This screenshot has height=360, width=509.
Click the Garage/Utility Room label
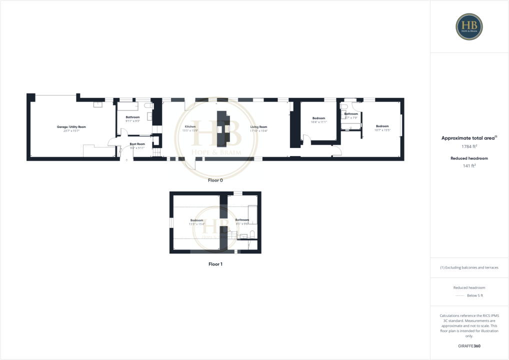[x=71, y=127]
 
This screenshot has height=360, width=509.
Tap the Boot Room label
[x=137, y=144]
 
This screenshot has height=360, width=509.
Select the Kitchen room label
[x=190, y=127]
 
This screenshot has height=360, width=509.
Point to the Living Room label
[x=258, y=127]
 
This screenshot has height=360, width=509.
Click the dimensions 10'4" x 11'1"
[x=318, y=122]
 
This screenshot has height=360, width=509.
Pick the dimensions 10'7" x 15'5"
[x=382, y=129]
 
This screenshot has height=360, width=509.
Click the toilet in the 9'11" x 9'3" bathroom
[x=148, y=106]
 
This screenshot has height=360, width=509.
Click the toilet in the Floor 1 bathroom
[x=252, y=234]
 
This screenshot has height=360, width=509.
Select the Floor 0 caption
[x=215, y=180]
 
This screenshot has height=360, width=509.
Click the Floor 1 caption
[x=215, y=263]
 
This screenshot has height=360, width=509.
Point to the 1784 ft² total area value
[x=469, y=146]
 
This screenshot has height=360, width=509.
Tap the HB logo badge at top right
[x=469, y=26]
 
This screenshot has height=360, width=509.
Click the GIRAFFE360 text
[x=469, y=345]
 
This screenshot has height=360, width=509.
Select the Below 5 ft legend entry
[x=474, y=295]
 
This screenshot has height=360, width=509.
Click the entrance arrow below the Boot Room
[x=126, y=160]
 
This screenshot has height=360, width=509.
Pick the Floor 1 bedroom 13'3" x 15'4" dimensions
[x=197, y=223]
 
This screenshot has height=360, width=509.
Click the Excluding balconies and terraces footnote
[x=469, y=267]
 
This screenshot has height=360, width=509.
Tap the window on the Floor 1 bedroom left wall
[x=171, y=222]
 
